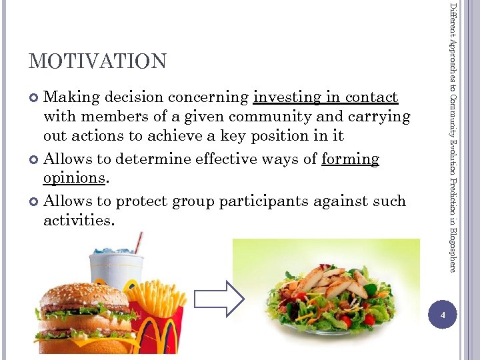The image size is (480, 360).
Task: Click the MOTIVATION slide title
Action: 97,61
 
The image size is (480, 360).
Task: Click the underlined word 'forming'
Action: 350,159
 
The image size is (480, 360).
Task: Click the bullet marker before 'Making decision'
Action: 35,98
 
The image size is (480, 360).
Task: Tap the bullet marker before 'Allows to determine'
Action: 35,159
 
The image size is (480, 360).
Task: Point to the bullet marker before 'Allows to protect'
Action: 35,201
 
